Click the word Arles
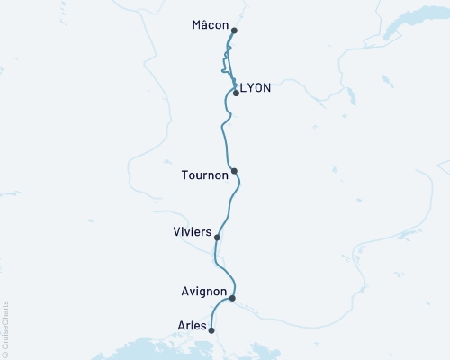(x=193, y=325)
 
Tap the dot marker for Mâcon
(x=234, y=31)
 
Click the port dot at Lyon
(x=236, y=93)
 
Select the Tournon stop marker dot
(x=234, y=171)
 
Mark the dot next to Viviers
(x=217, y=238)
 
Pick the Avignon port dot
(x=232, y=298)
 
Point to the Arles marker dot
(x=211, y=330)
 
